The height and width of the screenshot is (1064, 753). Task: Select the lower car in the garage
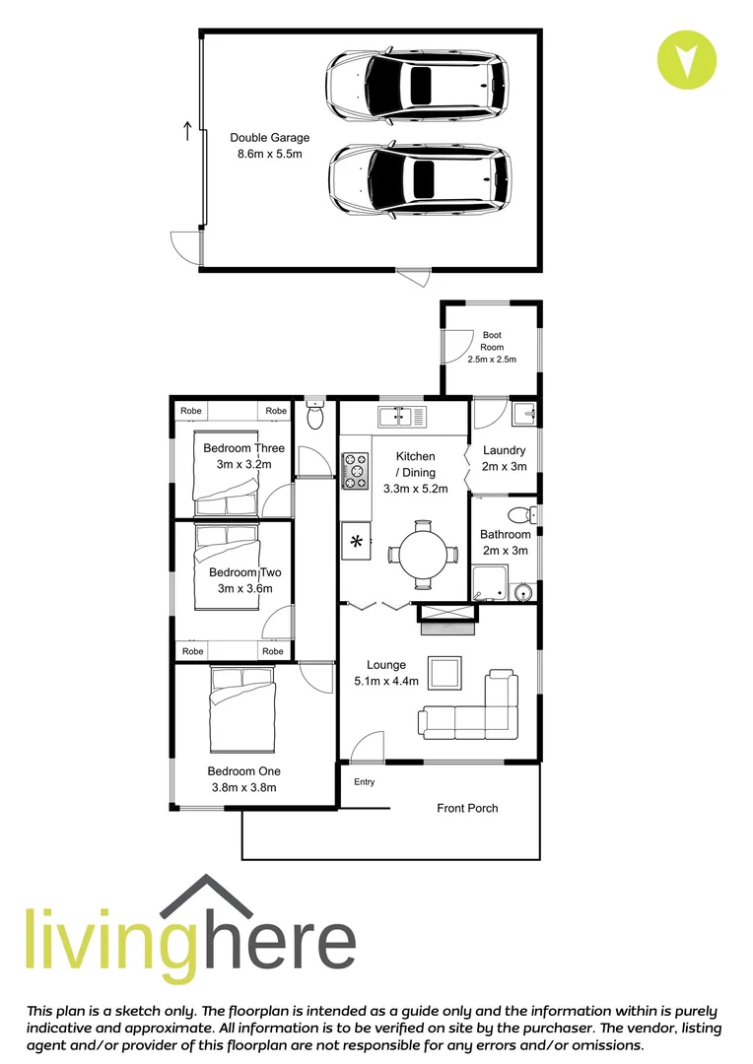point(419,179)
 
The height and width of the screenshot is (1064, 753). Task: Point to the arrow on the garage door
point(186,130)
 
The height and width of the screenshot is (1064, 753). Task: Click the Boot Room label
point(492,341)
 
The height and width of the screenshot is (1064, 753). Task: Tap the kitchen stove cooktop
point(355,470)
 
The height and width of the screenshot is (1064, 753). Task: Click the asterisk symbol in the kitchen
point(355,542)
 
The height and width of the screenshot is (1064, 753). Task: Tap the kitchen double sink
point(402,417)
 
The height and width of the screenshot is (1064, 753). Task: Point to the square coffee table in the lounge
point(445,673)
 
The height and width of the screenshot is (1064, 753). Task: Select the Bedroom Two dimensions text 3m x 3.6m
point(244,588)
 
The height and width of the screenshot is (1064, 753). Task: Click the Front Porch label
point(467,808)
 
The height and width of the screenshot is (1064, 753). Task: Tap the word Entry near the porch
point(365,782)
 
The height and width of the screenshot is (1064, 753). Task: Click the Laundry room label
point(504,451)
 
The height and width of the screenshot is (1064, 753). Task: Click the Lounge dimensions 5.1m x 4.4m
point(386,681)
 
